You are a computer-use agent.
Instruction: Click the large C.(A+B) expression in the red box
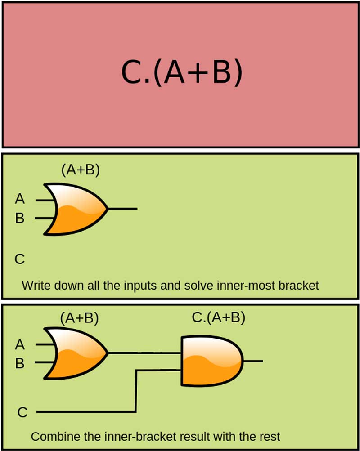point(181,73)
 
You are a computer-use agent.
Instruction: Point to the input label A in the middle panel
point(20,198)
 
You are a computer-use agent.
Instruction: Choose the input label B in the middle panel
point(20,219)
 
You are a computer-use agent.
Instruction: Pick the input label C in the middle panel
point(19,259)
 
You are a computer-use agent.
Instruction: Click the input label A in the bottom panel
point(20,345)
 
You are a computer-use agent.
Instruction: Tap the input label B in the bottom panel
point(20,363)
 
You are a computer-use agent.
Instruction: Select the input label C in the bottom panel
point(22,412)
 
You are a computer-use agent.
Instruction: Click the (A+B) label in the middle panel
point(80,170)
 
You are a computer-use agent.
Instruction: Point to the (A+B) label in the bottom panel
point(79,318)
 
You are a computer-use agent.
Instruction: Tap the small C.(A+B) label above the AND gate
point(218,318)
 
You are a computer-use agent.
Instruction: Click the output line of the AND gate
point(253,361)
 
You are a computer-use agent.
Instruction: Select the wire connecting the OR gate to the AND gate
point(144,353)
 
